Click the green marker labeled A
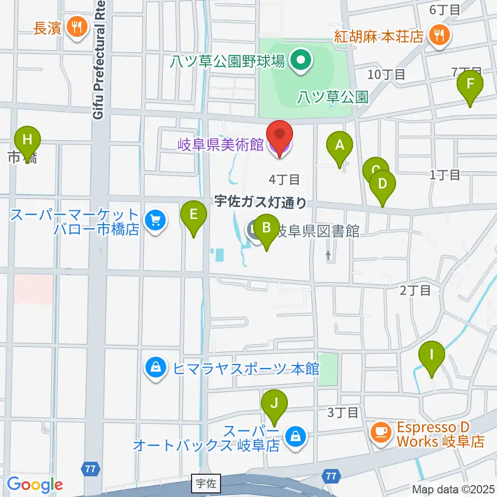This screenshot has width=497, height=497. (x=340, y=145)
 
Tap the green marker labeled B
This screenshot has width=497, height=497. (x=267, y=228)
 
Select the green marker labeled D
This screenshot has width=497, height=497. (x=383, y=184)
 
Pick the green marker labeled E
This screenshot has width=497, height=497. (x=194, y=214)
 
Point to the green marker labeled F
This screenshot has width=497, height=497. (x=470, y=84)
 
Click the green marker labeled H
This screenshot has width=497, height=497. (x=27, y=140)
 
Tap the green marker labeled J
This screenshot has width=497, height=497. (x=274, y=403)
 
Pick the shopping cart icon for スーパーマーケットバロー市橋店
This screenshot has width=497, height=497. (x=155, y=222)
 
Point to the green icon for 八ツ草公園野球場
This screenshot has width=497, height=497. (x=299, y=62)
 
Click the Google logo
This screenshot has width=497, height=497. (x=35, y=485)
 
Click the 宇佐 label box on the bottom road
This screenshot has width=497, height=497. (x=206, y=484)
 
